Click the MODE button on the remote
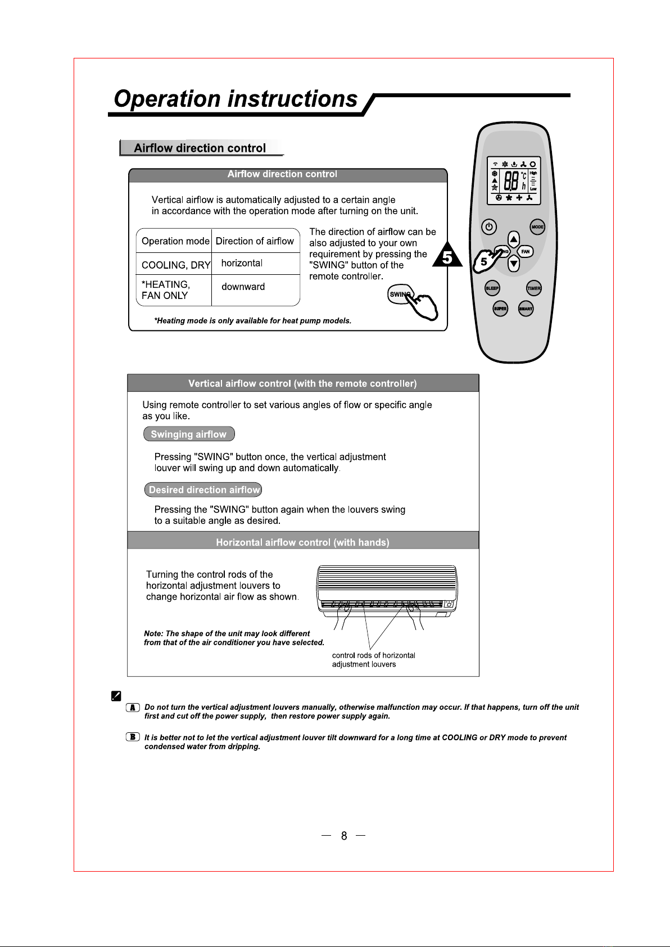tap(537, 227)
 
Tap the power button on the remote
tap(489, 227)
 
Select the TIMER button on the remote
tap(533, 288)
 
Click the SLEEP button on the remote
tap(492, 288)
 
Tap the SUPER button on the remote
tap(500, 309)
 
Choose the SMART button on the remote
tap(526, 309)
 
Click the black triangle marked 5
tap(448, 256)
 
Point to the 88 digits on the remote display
tap(511, 181)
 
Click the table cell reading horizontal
tap(242, 263)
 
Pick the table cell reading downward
tap(243, 287)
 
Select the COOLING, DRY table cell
tap(176, 265)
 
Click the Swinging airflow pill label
tap(189, 434)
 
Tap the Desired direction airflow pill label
tap(203, 490)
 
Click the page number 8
tap(344, 836)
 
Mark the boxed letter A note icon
tap(133, 708)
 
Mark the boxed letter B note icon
tap(133, 737)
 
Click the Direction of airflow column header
tap(255, 241)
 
